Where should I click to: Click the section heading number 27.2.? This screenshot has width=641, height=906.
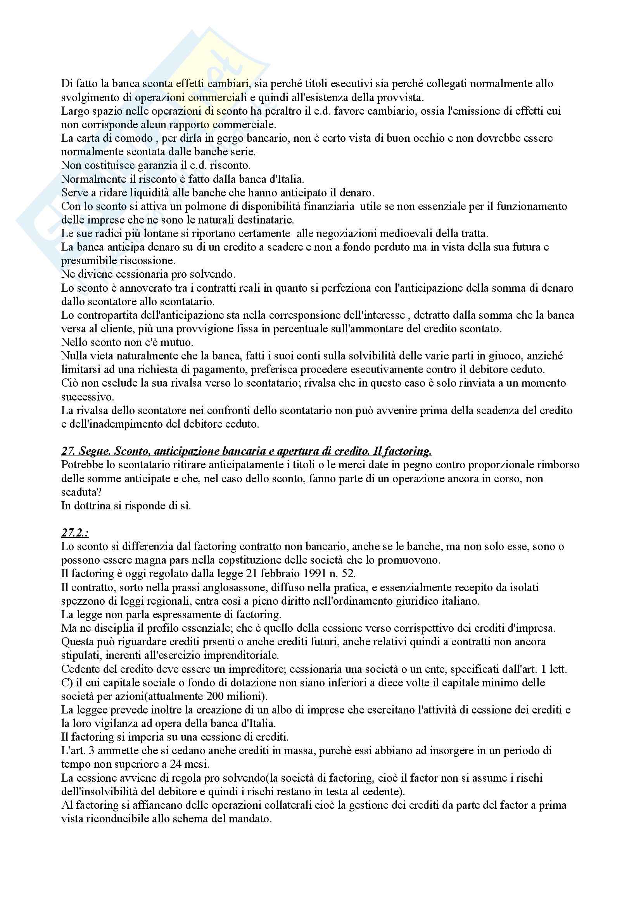[74, 533]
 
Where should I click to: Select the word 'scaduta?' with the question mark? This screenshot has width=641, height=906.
[80, 492]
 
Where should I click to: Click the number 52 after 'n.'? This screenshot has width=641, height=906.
[347, 574]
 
